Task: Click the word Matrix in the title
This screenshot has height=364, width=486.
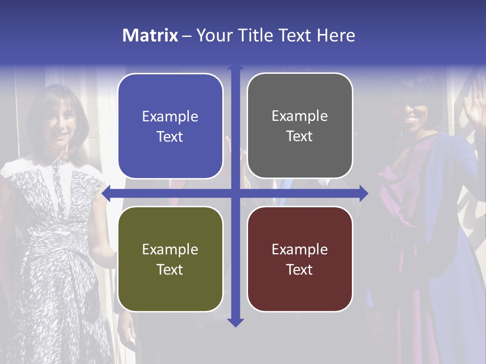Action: [x=150, y=35]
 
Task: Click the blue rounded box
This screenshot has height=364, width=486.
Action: [x=170, y=126]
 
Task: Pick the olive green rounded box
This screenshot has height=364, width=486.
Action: [x=170, y=259]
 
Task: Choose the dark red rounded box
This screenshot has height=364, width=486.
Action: [x=300, y=259]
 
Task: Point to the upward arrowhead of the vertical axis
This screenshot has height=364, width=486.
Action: [x=235, y=68]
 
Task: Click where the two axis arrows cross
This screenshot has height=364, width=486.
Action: [x=235, y=193]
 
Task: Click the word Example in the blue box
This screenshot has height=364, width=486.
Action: [x=170, y=117]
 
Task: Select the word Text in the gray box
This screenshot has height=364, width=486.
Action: [x=300, y=136]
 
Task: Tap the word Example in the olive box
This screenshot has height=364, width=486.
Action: [x=170, y=250]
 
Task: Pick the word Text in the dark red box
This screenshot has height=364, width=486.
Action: [x=300, y=269]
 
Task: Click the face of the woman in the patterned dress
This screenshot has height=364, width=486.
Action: [x=58, y=121]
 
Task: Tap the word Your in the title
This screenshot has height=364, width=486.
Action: [x=213, y=35]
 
